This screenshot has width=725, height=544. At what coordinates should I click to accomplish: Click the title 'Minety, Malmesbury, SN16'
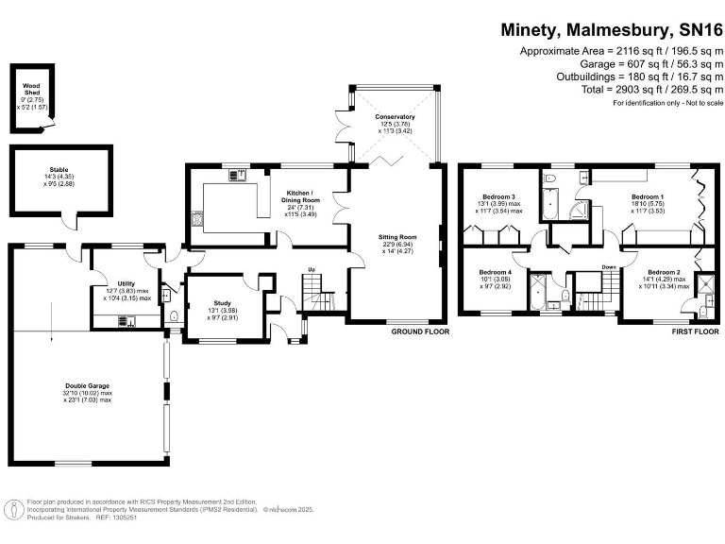[x=611, y=29]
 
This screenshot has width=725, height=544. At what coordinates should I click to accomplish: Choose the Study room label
[x=224, y=304]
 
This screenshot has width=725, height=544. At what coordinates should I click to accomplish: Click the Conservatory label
[x=394, y=116]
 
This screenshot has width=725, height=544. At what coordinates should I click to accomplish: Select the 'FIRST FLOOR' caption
[x=695, y=332]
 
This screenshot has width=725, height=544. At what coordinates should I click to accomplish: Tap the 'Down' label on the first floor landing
[x=609, y=267]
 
